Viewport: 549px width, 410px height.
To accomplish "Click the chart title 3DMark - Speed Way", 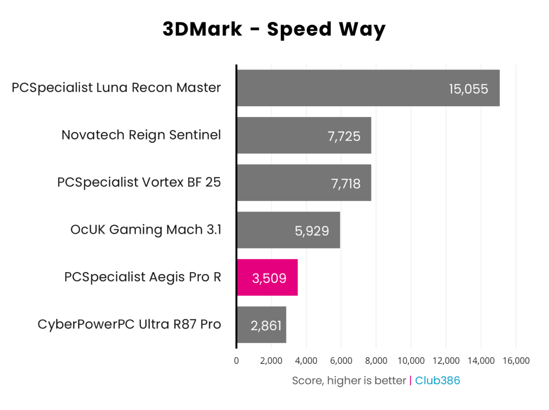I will click(274, 29).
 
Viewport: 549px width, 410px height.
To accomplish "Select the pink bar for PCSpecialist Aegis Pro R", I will click(267, 277).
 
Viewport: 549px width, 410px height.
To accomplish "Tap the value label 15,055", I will click(468, 89).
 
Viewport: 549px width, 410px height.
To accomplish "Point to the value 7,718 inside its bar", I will click(345, 184).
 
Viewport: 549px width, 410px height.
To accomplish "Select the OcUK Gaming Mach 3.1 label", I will click(145, 230).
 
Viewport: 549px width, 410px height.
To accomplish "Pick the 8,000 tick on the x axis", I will click(376, 361).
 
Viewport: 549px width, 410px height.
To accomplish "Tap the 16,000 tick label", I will click(516, 361).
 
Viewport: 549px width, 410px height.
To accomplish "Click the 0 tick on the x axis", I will click(236, 361).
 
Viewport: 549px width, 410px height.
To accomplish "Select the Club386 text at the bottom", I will click(437, 381).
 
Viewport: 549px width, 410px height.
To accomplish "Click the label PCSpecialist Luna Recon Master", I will click(116, 87).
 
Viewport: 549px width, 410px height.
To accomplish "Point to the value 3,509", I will click(269, 278).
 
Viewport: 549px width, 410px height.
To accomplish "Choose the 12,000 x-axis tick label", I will click(446, 361).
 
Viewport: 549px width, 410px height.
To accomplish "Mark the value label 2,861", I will click(266, 326).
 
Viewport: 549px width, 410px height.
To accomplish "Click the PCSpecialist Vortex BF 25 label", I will click(139, 182).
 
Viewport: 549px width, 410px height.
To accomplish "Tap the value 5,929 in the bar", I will click(312, 231).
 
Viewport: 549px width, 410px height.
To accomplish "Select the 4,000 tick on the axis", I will click(306, 361).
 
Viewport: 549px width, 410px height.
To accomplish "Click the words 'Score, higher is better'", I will click(349, 381).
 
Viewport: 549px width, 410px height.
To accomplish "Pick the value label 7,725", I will click(344, 136).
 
